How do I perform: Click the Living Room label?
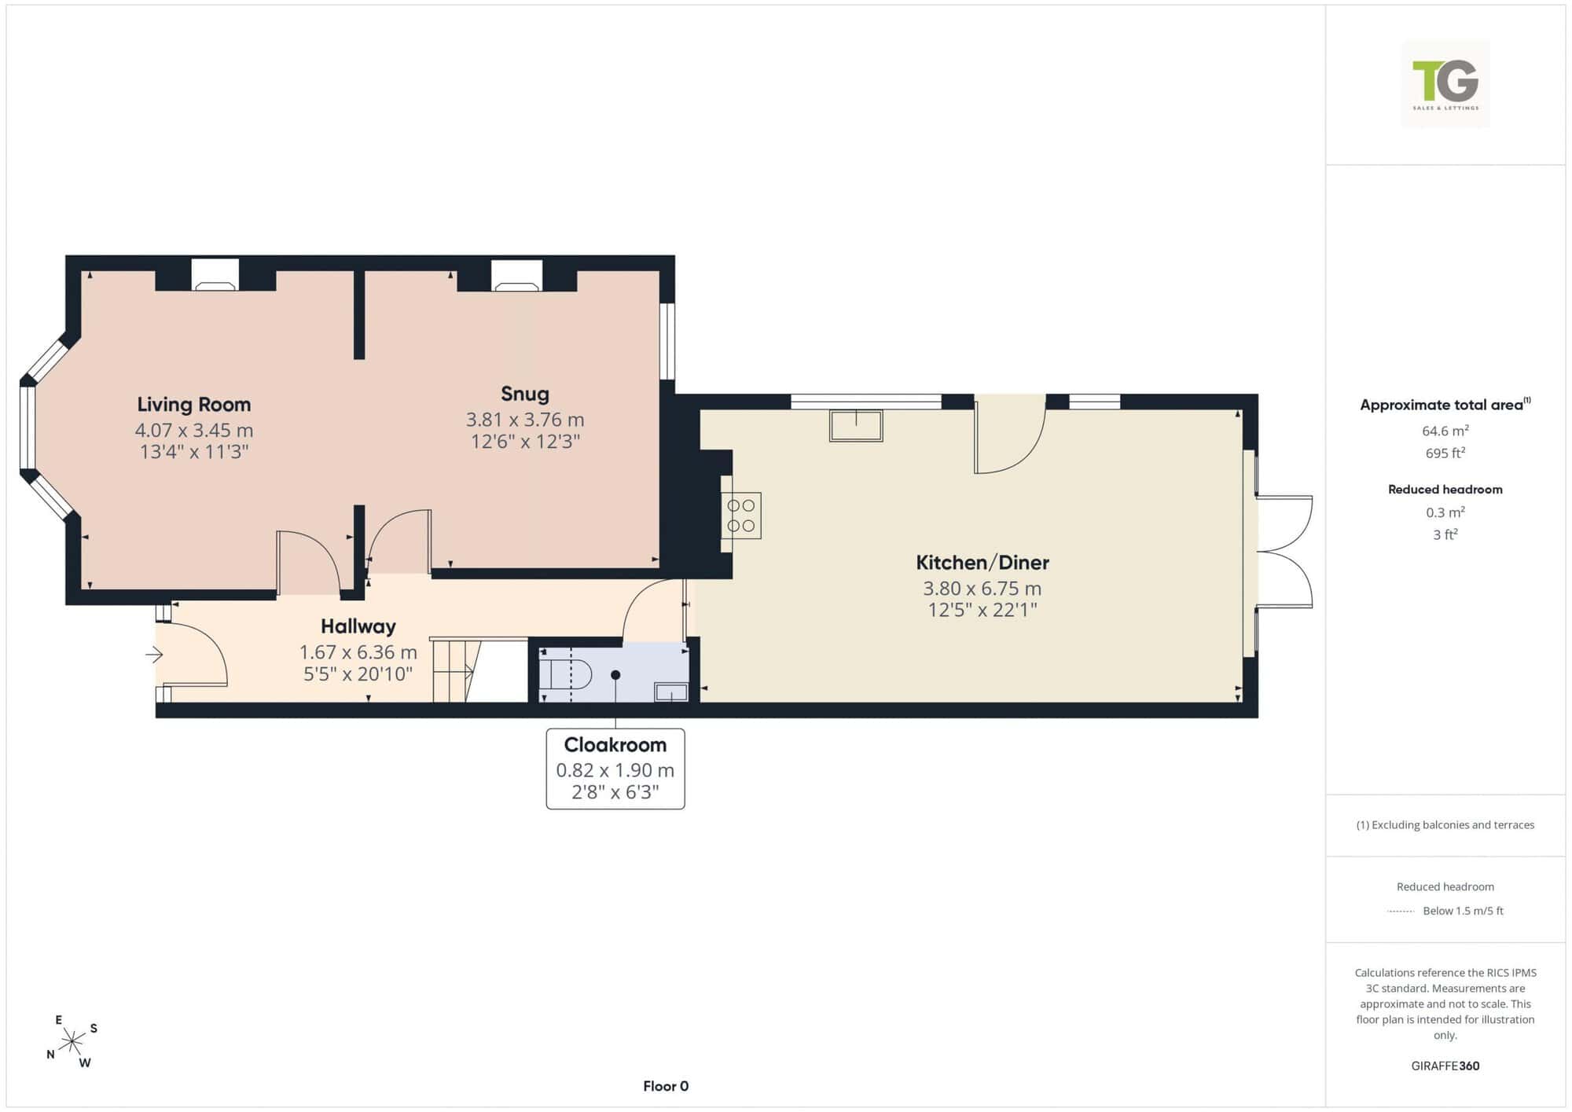194,405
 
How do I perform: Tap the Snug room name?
525,394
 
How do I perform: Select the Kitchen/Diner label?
982,563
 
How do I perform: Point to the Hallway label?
358,626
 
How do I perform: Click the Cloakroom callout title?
615,744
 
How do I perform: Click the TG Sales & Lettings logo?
1445,84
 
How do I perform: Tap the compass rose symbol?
72,1042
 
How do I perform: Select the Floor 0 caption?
666,1086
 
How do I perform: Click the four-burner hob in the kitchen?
741,516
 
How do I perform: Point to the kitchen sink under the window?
856,425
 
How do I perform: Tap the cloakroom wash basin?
671,692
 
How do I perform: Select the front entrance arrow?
154,654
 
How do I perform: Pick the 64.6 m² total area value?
1445,431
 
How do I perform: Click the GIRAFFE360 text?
1445,1066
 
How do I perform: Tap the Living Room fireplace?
215,275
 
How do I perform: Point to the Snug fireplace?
516,275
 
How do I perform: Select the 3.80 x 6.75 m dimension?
982,589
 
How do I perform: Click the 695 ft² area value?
1445,453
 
